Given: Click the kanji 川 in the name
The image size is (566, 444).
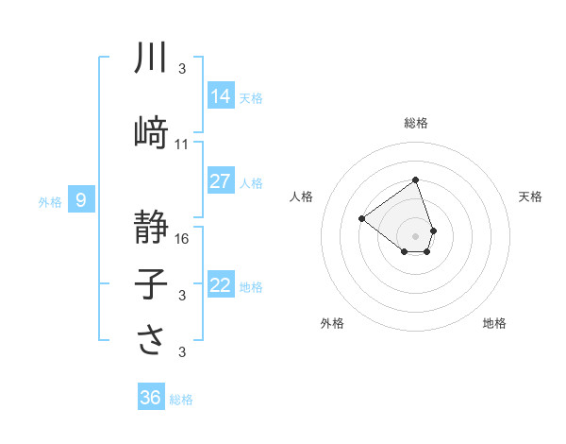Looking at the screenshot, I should point(151,59).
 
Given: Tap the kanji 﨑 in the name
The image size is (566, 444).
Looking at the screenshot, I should point(151,133).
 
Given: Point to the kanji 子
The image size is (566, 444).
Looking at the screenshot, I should point(151,285).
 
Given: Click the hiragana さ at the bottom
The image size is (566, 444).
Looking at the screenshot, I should point(151,341).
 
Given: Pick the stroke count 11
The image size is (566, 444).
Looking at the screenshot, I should point(182,145).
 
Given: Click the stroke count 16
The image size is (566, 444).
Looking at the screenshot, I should point(182,239).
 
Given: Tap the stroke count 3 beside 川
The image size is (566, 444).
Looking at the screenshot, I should point(182,69).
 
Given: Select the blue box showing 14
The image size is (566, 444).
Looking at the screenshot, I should point(221,95).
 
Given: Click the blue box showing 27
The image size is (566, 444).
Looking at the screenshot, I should point(221,181).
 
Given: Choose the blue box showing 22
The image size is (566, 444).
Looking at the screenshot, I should point(221,285).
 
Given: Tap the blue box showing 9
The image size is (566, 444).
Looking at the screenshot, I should point(82,199).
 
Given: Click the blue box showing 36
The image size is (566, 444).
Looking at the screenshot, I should point(151,398).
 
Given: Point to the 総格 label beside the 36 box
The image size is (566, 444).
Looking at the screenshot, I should point(182,400).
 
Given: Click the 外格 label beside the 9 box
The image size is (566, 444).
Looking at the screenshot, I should point(50,201).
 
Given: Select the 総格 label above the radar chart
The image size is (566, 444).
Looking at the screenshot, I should point(415,123).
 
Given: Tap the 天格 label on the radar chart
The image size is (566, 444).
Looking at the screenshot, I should point(531,196).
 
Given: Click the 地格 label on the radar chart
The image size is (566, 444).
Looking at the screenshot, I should point(494,324).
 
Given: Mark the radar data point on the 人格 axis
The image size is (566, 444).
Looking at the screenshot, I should point(361,218).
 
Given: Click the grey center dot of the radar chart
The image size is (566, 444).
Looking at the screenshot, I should point(415,235).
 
